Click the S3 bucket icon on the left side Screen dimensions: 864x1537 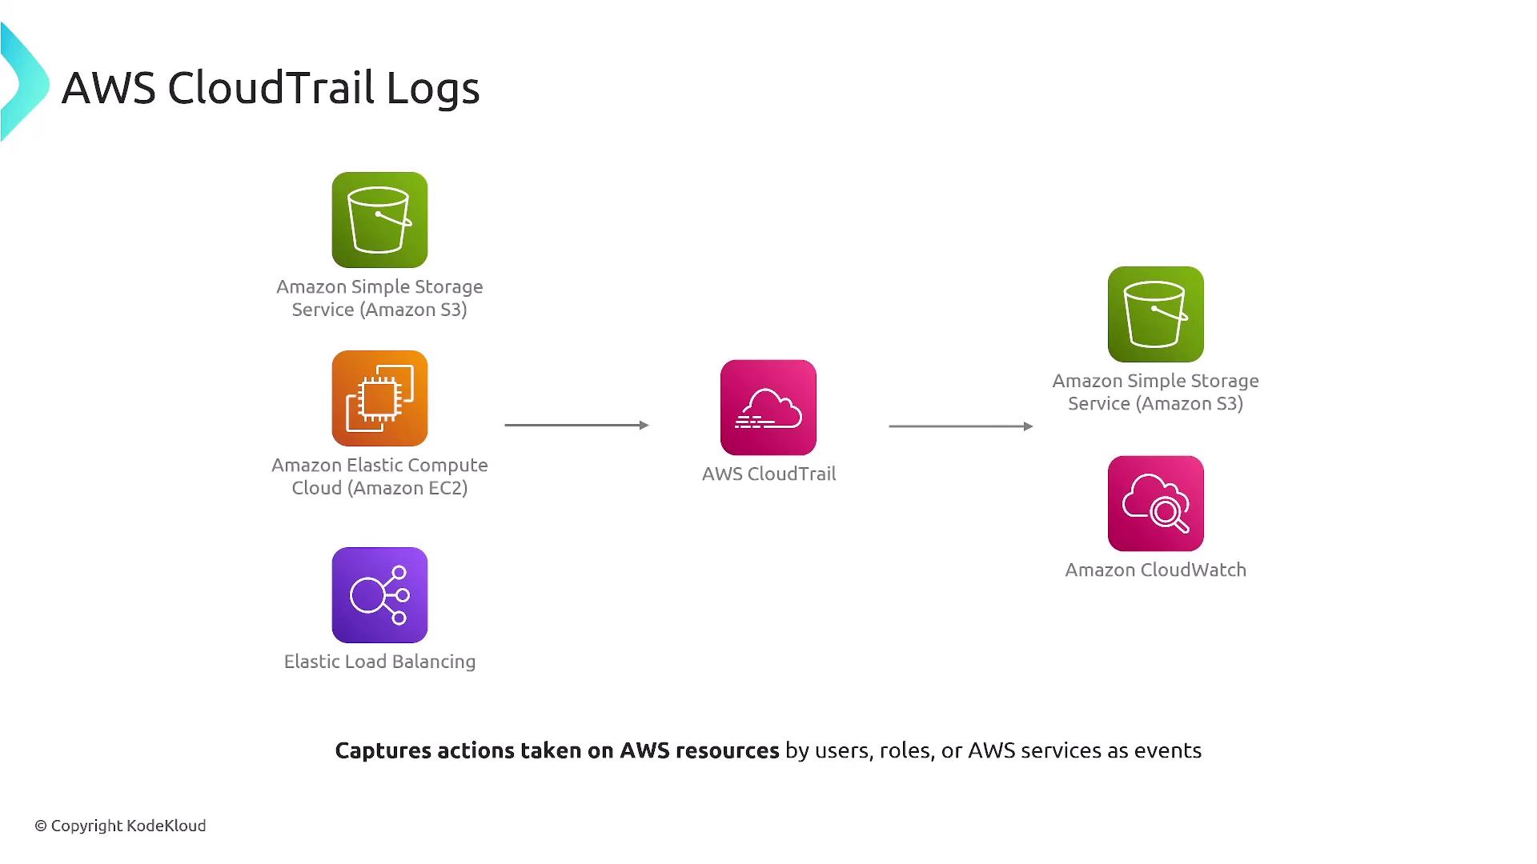click(379, 220)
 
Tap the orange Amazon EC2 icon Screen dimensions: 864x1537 click(379, 398)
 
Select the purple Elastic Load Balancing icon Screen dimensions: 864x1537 click(379, 595)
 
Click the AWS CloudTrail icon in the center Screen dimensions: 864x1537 click(768, 408)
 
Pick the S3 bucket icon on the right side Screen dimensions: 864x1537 click(1155, 314)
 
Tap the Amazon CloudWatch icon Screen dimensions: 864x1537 click(1155, 504)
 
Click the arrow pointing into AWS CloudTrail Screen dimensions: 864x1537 click(576, 426)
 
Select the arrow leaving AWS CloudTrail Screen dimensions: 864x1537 click(961, 426)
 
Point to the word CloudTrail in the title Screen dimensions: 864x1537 click(271, 88)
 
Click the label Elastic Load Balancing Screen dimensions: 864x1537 click(379, 662)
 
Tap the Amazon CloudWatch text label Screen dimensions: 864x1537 click(1155, 570)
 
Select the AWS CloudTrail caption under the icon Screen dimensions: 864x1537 click(768, 474)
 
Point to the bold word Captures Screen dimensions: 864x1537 click(383, 751)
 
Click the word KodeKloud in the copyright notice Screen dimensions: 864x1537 click(167, 826)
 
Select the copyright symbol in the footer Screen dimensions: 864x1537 click(41, 826)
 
